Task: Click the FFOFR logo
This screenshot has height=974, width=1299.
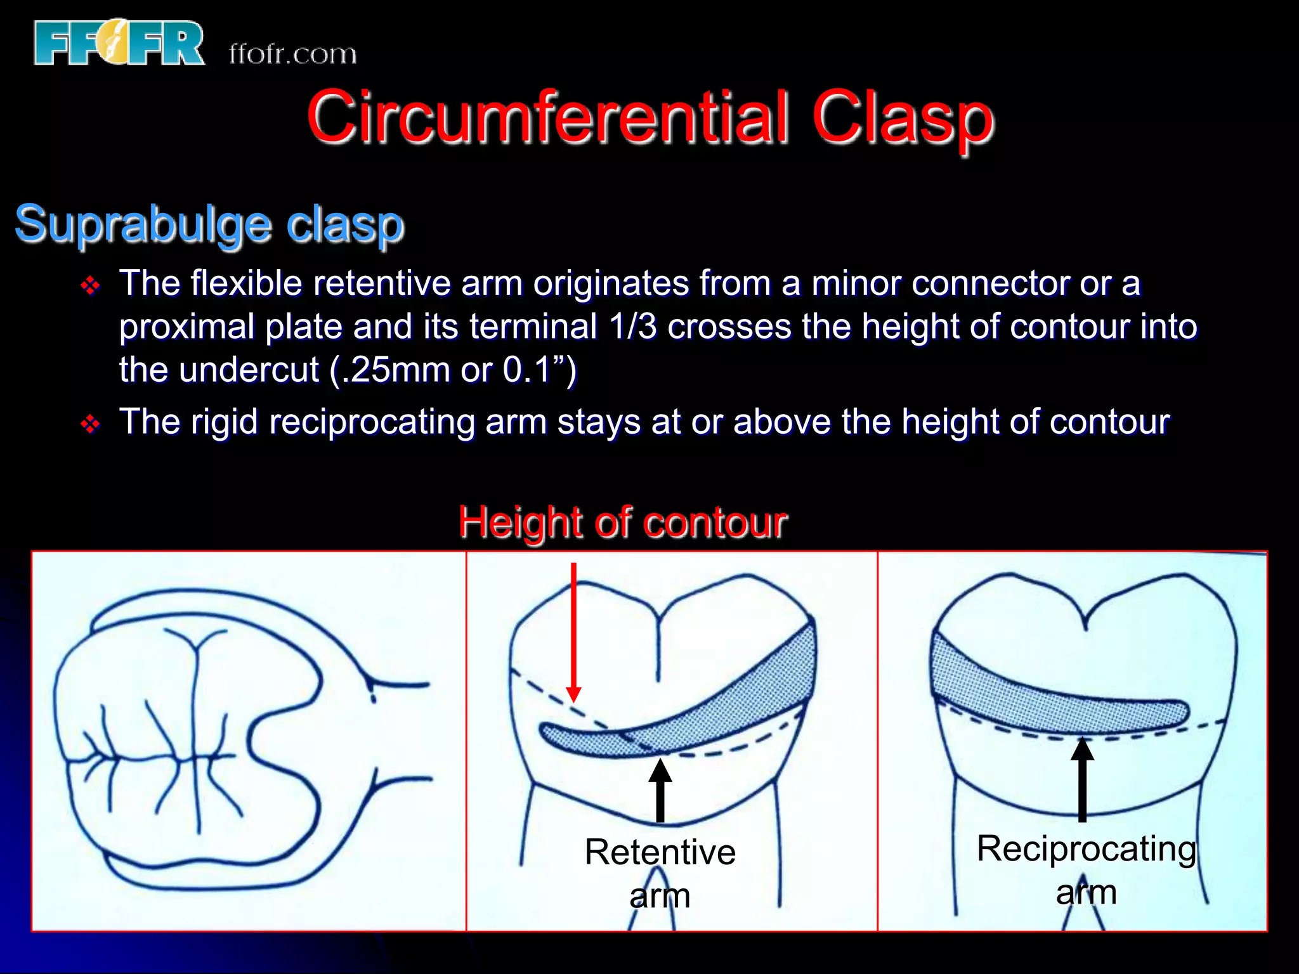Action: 119,43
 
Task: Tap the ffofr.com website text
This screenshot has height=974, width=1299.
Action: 292,55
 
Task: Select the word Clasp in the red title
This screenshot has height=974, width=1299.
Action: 902,117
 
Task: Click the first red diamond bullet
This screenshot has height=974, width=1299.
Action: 91,285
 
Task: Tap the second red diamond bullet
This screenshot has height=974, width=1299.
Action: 91,424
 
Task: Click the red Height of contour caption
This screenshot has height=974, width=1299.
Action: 623,523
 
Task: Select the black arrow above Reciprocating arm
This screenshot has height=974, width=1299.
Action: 1082,779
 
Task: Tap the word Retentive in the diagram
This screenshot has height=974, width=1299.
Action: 660,852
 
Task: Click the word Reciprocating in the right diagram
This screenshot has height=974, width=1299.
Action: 1086,848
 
